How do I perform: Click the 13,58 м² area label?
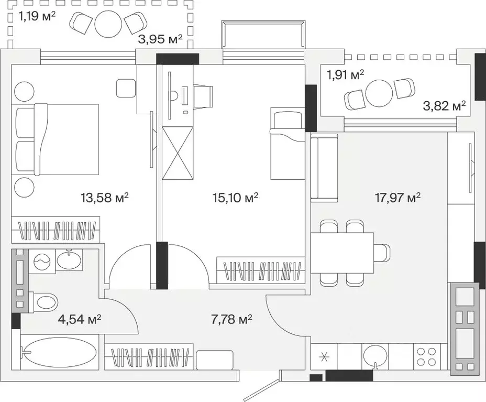(x=105, y=197)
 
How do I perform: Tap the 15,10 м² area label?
(x=236, y=197)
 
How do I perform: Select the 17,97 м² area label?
(x=397, y=197)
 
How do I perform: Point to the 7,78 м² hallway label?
(x=231, y=319)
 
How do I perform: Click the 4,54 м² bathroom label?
(x=80, y=319)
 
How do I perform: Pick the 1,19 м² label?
(x=37, y=16)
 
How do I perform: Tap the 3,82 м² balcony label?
(x=445, y=106)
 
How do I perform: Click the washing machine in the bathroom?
(x=42, y=261)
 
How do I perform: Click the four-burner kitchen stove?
(x=426, y=356)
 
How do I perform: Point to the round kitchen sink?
(x=375, y=357)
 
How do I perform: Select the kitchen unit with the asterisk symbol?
(x=324, y=357)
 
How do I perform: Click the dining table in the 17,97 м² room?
(x=342, y=253)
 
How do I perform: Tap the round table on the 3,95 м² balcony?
(x=108, y=25)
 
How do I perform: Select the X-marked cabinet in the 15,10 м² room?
(x=178, y=153)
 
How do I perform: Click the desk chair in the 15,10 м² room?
(x=204, y=96)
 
